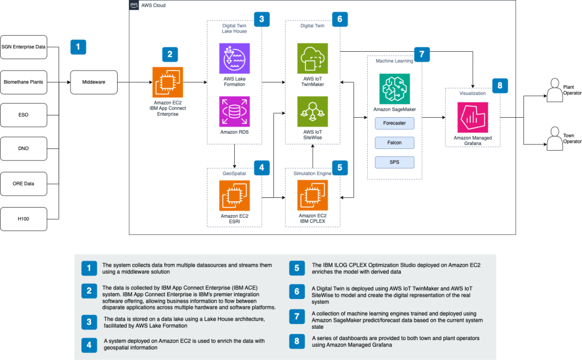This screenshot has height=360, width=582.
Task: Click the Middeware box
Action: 93,82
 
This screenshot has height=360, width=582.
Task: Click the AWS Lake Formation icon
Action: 234,58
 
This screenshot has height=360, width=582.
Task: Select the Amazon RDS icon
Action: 234,111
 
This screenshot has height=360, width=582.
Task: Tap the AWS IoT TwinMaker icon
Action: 313,58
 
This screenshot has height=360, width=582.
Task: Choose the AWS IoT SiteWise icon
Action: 313,111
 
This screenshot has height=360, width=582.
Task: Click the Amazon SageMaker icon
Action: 394,88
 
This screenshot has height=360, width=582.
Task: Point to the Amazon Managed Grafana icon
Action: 473,118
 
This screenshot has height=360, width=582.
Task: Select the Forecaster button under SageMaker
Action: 394,123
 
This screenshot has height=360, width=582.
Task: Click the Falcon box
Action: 394,142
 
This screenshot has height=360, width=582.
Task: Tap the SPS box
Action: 394,162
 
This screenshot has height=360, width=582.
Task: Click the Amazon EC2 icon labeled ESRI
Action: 234,196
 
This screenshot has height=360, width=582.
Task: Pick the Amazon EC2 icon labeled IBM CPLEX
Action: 313,196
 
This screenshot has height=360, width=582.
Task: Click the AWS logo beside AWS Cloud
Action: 134,5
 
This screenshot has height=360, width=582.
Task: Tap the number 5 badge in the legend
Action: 297,268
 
